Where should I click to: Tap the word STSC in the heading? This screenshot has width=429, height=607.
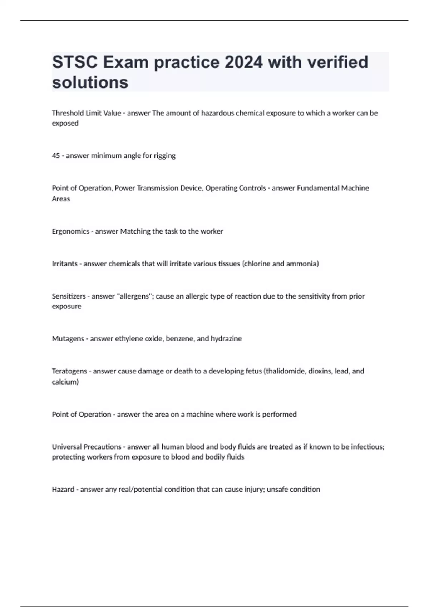coord(75,62)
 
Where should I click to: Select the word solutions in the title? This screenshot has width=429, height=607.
coord(90,82)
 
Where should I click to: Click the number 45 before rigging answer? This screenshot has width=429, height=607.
coord(56,156)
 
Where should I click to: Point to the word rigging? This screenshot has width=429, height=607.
coord(165,156)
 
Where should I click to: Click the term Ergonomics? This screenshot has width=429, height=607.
coord(70,231)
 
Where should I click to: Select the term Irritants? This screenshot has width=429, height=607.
coord(65,264)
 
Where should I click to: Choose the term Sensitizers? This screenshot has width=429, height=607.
coord(69,296)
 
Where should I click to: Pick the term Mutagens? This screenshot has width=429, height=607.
coord(68,338)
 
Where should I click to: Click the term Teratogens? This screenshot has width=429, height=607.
coord(69,371)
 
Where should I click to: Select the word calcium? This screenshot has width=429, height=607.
coord(64,382)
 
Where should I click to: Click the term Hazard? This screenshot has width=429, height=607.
coord(63,489)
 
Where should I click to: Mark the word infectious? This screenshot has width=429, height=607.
coord(367,447)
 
